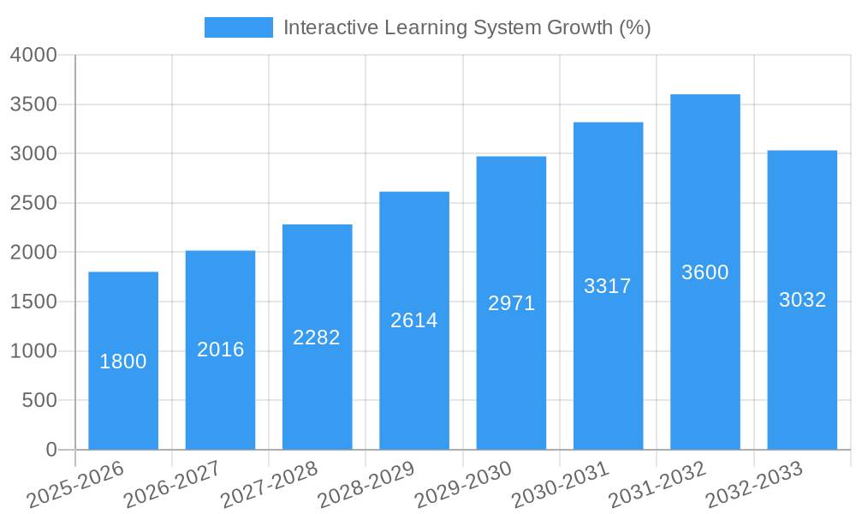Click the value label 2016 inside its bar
pyautogui.click(x=221, y=350)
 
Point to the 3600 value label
pyautogui.click(x=705, y=272)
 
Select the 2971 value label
pyautogui.click(x=512, y=303)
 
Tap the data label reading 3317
pyautogui.click(x=608, y=286)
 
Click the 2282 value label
pyautogui.click(x=317, y=338)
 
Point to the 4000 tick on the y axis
pyautogui.click(x=33, y=55)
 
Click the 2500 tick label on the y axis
pyautogui.click(x=33, y=203)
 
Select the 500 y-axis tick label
pyautogui.click(x=39, y=400)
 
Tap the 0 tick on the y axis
pyautogui.click(x=51, y=450)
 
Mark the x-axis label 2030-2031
pyautogui.click(x=561, y=484)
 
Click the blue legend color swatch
pyautogui.click(x=238, y=27)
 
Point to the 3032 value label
pyautogui.click(x=802, y=300)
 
